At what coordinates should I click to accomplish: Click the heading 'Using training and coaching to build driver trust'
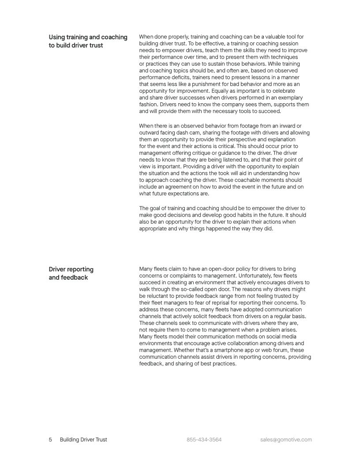(x=88, y=41)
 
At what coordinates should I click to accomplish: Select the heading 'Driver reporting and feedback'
(x=71, y=273)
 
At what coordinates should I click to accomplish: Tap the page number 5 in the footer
(x=50, y=440)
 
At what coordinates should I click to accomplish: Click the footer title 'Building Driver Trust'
(x=83, y=440)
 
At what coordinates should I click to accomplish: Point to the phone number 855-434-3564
(x=204, y=440)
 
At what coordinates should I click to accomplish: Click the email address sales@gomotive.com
(x=286, y=440)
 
